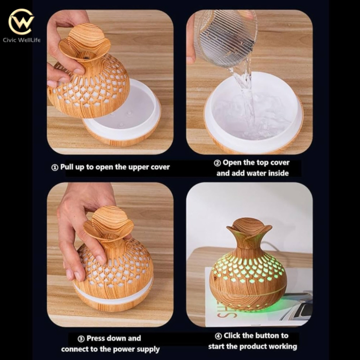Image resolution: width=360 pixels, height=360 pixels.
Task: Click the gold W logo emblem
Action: [21, 22]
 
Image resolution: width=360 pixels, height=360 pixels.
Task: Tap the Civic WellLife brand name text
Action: [22, 40]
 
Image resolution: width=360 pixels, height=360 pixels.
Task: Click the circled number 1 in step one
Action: [54, 167]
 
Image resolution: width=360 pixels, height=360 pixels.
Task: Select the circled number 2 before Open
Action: [217, 163]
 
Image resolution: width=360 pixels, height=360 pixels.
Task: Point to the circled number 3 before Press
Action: [81, 339]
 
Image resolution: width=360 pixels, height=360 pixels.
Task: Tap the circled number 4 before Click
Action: [218, 336]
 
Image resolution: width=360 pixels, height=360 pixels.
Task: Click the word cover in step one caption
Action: [160, 167]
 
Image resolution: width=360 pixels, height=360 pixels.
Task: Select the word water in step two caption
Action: [254, 173]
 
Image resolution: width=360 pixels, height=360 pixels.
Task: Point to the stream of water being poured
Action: [246, 96]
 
